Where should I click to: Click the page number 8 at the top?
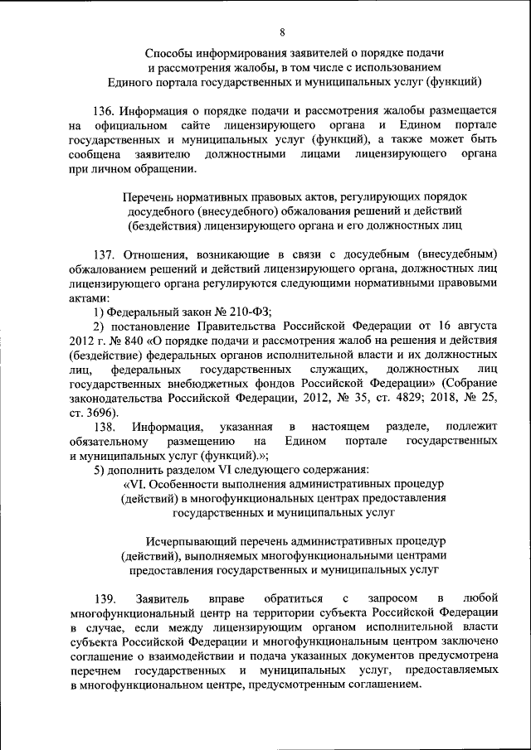(x=282, y=32)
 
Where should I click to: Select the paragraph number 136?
(x=104, y=109)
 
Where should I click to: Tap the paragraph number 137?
(x=104, y=252)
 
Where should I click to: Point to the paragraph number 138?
(x=104, y=426)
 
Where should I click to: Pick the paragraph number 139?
(x=104, y=598)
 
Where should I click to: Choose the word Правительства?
(x=220, y=326)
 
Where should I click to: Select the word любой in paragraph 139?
(x=480, y=598)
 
